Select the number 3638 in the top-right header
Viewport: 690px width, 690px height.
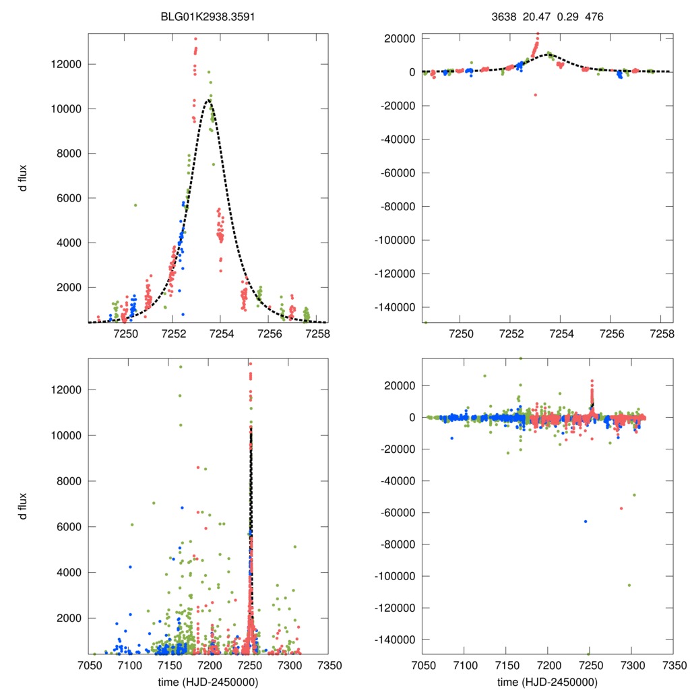(505, 14)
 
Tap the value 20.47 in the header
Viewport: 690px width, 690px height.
(536, 14)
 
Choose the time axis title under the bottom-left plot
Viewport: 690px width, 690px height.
(208, 682)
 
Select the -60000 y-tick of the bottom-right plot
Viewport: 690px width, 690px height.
(397, 513)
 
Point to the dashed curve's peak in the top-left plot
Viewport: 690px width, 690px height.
(210, 100)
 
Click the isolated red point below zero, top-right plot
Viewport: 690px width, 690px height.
(536, 95)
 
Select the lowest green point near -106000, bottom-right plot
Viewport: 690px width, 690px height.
(629, 585)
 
